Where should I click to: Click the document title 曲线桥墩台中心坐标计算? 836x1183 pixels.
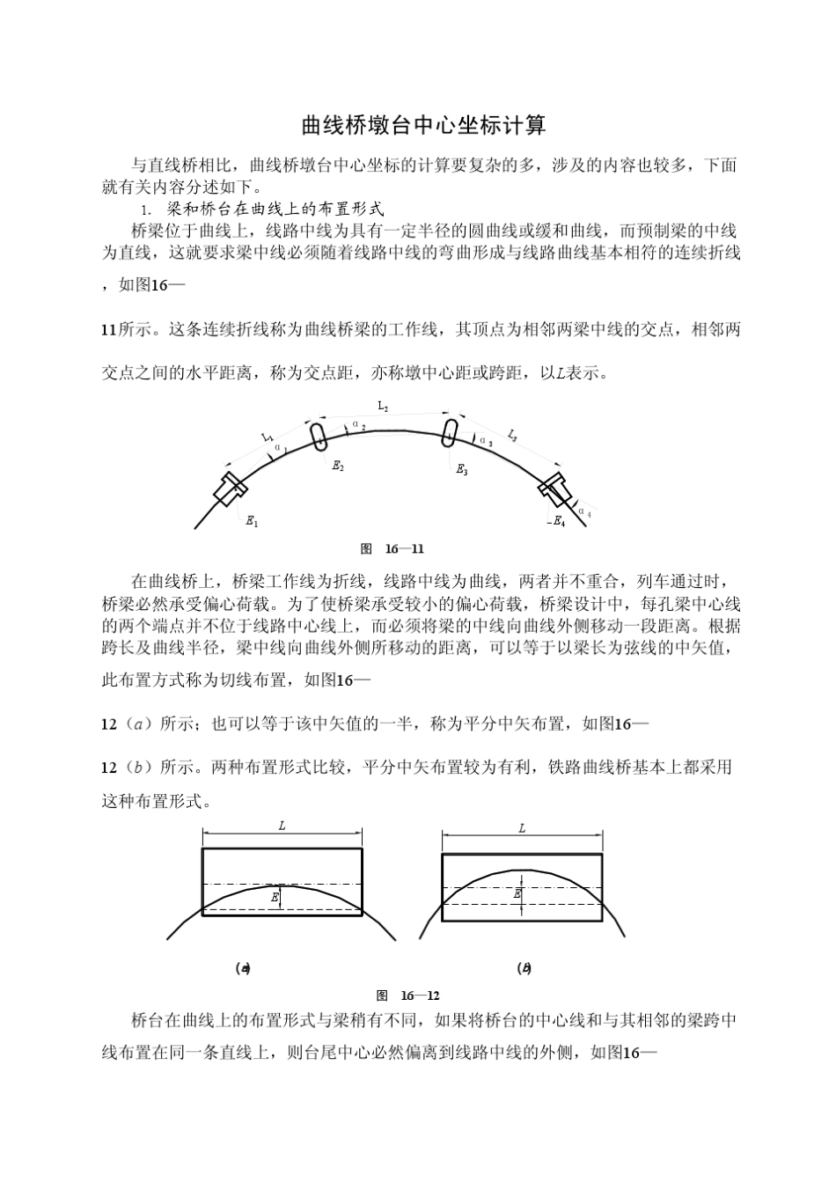click(423, 126)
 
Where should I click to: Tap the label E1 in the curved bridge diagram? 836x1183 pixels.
click(251, 522)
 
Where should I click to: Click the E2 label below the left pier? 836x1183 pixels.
click(338, 467)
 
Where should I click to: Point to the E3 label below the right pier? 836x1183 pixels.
click(462, 470)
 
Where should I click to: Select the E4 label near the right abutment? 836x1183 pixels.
click(558, 522)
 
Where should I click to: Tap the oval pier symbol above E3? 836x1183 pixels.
click(451, 433)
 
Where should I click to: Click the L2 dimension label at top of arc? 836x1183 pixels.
click(383, 407)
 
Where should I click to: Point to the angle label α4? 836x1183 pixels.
click(584, 511)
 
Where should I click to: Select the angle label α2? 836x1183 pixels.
click(358, 425)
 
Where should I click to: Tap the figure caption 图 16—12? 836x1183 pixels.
click(407, 996)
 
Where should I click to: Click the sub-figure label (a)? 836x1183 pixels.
click(244, 968)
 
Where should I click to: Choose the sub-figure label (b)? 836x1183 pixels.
click(524, 968)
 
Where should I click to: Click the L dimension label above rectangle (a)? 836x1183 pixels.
click(282, 827)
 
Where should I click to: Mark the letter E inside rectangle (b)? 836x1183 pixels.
click(517, 893)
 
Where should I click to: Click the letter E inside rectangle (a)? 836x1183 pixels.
click(275, 897)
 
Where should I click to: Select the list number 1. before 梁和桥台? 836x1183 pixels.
click(147, 209)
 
